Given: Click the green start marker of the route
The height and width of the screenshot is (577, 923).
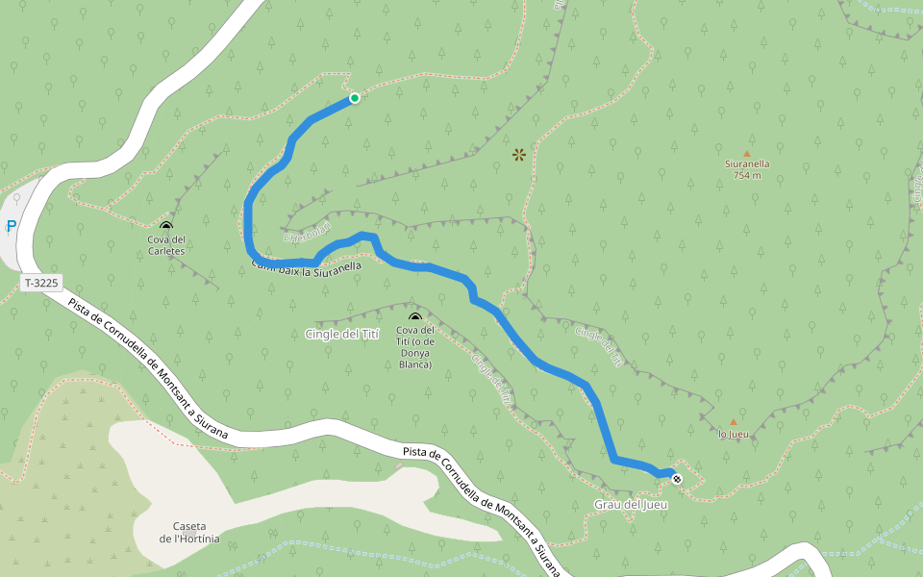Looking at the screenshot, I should [354, 98].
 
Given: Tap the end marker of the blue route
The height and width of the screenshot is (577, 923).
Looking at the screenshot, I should [677, 478].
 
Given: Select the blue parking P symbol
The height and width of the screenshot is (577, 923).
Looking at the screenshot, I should [12, 227].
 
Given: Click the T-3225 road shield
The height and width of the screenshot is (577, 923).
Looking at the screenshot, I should [41, 283].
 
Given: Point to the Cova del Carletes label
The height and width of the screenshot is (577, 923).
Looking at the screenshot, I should [165, 244].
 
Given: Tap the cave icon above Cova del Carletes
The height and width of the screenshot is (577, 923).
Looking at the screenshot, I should [166, 226].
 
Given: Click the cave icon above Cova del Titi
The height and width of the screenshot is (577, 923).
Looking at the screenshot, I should [415, 317].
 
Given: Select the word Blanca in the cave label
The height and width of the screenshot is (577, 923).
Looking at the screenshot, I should [415, 364].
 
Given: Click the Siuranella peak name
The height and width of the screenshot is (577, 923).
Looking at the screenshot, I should [747, 163].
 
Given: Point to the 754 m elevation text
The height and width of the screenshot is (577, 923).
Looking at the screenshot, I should [747, 175].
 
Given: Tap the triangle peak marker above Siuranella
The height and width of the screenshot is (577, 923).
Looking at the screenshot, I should [747, 153].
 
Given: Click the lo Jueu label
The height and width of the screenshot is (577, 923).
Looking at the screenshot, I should [734, 434].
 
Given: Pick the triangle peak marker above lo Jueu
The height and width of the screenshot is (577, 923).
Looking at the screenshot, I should [734, 422].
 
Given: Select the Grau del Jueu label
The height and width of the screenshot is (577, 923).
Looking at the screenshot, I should [631, 505].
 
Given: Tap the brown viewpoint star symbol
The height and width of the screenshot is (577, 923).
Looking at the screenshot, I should [519, 154].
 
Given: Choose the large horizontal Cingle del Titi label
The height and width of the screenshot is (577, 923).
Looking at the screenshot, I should [342, 334].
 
